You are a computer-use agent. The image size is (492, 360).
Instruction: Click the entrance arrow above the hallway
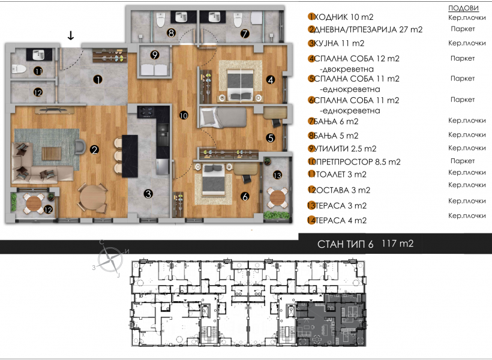[x=71, y=35]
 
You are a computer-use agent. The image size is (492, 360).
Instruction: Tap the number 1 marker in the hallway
[x=98, y=80]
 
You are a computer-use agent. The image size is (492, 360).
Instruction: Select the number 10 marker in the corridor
[x=184, y=116]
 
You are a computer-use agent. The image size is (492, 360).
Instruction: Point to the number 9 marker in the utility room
[x=154, y=55]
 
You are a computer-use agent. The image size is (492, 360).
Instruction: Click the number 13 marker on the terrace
[x=277, y=175]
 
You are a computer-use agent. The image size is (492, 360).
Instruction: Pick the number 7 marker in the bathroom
[x=245, y=33]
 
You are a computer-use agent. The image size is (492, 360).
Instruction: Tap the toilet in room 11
[x=19, y=68]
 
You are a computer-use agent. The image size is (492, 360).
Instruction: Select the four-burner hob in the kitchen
[x=146, y=112]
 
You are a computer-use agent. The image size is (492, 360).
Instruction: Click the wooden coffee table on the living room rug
[x=52, y=154]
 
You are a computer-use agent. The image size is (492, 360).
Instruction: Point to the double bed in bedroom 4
[x=240, y=84]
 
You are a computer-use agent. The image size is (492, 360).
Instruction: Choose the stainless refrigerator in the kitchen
[x=163, y=167]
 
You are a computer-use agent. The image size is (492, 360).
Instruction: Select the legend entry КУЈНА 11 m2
[x=339, y=43]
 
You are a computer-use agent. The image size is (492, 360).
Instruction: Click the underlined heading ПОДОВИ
[x=463, y=8]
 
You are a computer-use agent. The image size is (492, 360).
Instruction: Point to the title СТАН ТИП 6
[x=346, y=244]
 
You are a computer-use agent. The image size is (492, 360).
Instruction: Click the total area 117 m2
[x=398, y=243]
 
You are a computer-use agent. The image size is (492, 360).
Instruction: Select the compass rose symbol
[x=110, y=260]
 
